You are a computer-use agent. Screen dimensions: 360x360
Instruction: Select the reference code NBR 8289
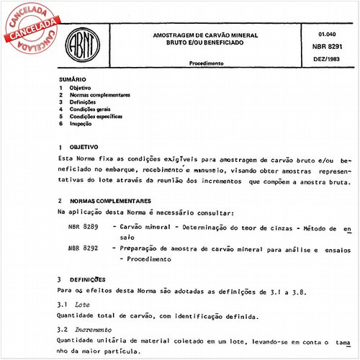pyautogui.click(x=80, y=228)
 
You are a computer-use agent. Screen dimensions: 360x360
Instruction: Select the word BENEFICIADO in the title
pyautogui.click(x=220, y=42)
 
